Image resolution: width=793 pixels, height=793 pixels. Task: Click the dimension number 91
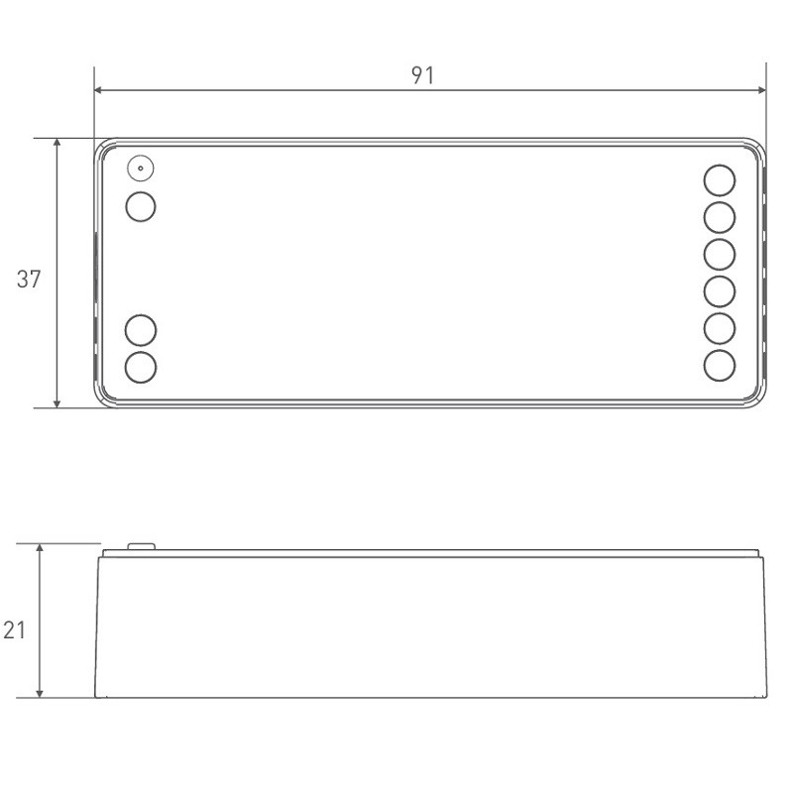pos(423,76)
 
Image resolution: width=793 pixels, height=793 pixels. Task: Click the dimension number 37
pos(30,280)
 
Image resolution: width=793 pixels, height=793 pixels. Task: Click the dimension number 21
pos(13,630)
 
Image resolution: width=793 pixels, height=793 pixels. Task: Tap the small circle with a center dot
pos(141,169)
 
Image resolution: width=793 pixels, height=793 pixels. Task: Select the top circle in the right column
pos(720,180)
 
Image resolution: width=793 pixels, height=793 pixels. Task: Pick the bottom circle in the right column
pos(720,364)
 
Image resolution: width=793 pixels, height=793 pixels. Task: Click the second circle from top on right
pos(720,217)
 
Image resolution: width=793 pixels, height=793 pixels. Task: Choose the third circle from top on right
pos(720,254)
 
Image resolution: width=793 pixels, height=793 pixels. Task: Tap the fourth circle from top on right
pos(720,290)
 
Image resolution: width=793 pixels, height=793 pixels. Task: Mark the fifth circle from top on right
pos(720,327)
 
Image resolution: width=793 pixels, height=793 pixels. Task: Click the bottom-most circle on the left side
pos(142,366)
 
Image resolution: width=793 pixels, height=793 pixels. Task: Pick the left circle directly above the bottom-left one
pos(142,329)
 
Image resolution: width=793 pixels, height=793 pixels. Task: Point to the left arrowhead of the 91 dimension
pos(100,90)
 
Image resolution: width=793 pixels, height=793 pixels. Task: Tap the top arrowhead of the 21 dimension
pos(40,549)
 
